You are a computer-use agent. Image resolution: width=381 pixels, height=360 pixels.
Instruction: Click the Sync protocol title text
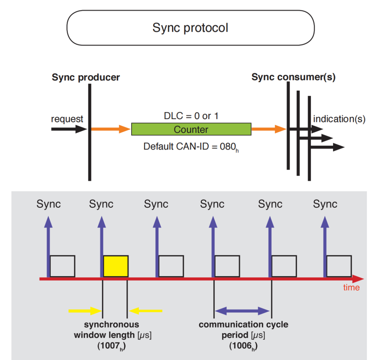click(190, 28)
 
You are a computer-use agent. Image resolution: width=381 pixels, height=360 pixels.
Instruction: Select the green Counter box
click(191, 129)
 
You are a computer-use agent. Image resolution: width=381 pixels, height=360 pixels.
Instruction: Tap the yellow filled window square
click(115, 266)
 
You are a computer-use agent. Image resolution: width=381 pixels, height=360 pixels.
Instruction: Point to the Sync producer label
click(86, 77)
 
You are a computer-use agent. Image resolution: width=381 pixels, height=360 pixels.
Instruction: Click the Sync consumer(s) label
click(293, 77)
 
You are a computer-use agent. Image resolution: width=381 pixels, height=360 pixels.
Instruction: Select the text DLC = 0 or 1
click(191, 116)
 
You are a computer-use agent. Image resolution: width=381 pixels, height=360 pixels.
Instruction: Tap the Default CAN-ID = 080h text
click(191, 146)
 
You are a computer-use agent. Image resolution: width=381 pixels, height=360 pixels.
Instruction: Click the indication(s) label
click(339, 119)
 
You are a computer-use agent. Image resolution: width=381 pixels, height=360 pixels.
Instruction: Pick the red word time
click(351, 287)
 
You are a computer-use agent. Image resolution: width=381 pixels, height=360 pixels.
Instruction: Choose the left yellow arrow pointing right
click(85, 311)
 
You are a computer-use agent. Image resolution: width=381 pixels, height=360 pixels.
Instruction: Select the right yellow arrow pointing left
click(146, 311)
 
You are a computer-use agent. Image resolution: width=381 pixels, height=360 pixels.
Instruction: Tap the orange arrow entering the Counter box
click(111, 129)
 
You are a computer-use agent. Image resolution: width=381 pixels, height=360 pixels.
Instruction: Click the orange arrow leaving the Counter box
click(268, 129)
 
